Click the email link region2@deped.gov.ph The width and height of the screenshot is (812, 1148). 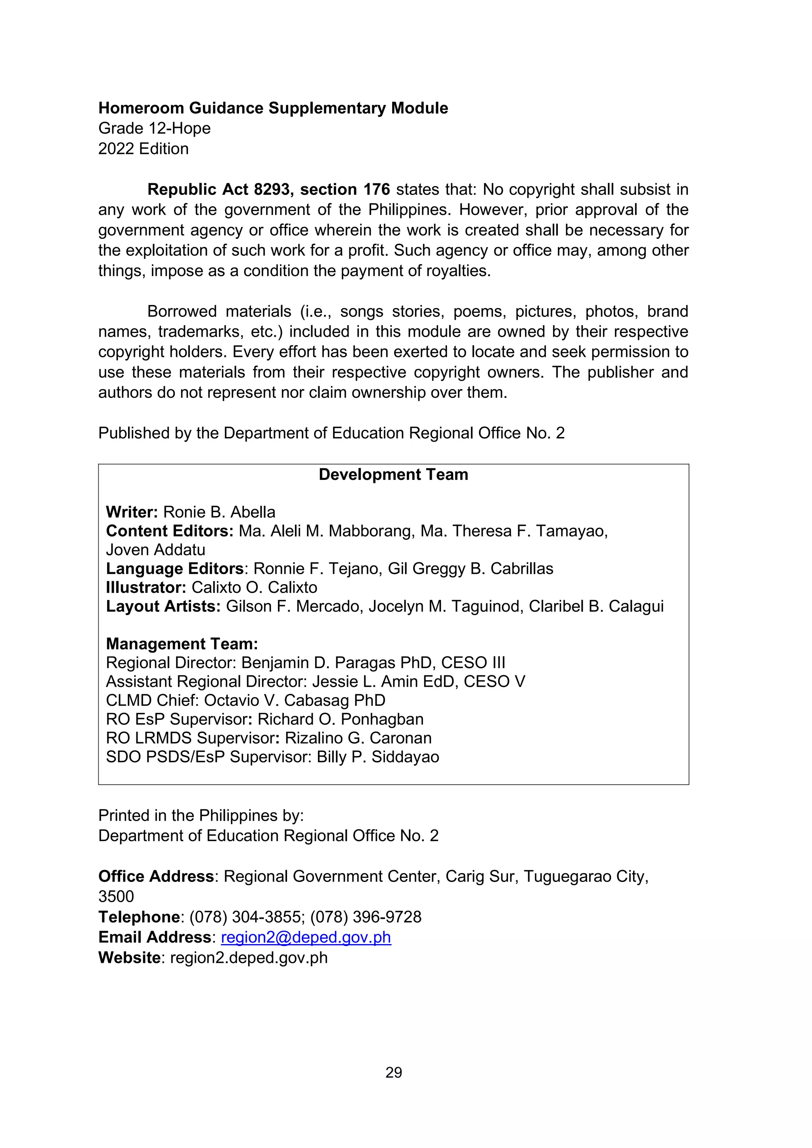(306, 937)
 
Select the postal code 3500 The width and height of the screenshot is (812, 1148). (116, 896)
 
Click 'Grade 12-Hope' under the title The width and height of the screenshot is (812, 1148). (155, 128)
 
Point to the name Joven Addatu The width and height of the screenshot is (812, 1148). (155, 550)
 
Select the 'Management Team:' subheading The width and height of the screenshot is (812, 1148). (182, 644)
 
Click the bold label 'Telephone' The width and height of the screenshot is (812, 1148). (139, 916)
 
